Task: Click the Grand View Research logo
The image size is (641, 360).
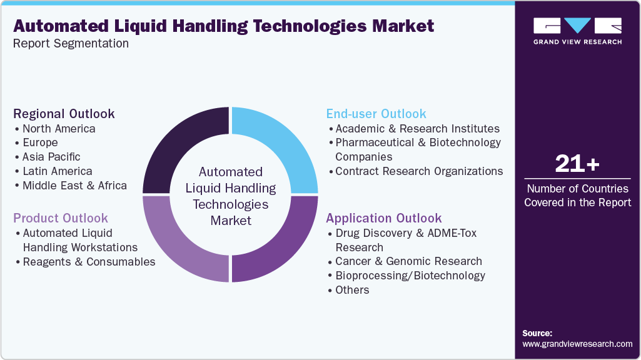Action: click(577, 31)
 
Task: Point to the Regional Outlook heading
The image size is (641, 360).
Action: click(64, 114)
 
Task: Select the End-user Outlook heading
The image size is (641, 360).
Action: click(376, 114)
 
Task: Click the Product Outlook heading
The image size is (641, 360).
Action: click(61, 218)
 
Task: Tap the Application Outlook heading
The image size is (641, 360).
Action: click(384, 218)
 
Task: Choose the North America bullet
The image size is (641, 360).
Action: click(59, 129)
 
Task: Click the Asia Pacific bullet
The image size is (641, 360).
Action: click(51, 157)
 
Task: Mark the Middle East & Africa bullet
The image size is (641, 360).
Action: click(74, 186)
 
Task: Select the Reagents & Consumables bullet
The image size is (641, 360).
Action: click(89, 262)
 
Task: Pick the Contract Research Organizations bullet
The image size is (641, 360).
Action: click(419, 171)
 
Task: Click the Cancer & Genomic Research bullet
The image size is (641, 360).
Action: click(408, 261)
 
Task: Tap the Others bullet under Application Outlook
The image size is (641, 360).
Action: click(352, 290)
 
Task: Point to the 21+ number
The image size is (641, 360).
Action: click(577, 164)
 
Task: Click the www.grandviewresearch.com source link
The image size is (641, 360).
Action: click(577, 344)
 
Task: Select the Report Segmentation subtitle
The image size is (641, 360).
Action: click(71, 44)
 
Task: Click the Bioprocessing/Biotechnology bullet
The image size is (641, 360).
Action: click(410, 276)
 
